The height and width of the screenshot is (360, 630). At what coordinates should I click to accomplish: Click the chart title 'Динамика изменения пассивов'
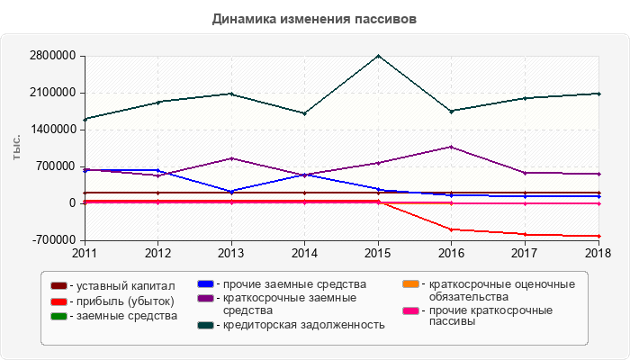point(314,19)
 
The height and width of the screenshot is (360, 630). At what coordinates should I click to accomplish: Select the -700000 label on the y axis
point(51,240)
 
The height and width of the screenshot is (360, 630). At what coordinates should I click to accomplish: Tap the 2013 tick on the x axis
point(231,252)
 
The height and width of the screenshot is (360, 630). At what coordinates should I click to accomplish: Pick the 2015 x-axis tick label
point(379,252)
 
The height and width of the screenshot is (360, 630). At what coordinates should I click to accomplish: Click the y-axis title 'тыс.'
point(16,148)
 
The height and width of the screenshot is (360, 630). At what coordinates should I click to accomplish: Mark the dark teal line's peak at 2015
point(379,56)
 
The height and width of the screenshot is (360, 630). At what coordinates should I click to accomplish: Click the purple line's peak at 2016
point(452,147)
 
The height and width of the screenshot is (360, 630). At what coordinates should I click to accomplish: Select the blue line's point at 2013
point(231,192)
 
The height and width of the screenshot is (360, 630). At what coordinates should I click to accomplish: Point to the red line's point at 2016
point(452,229)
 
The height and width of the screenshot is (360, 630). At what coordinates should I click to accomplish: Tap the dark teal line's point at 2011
point(85,119)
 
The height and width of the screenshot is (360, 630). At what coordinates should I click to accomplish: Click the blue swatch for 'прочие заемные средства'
point(204,285)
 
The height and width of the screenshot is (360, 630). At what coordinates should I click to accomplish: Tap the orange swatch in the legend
point(410,285)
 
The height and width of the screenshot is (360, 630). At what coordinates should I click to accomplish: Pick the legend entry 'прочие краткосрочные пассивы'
point(490,317)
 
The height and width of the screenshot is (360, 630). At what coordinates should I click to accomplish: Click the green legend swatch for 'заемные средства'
point(58,316)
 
